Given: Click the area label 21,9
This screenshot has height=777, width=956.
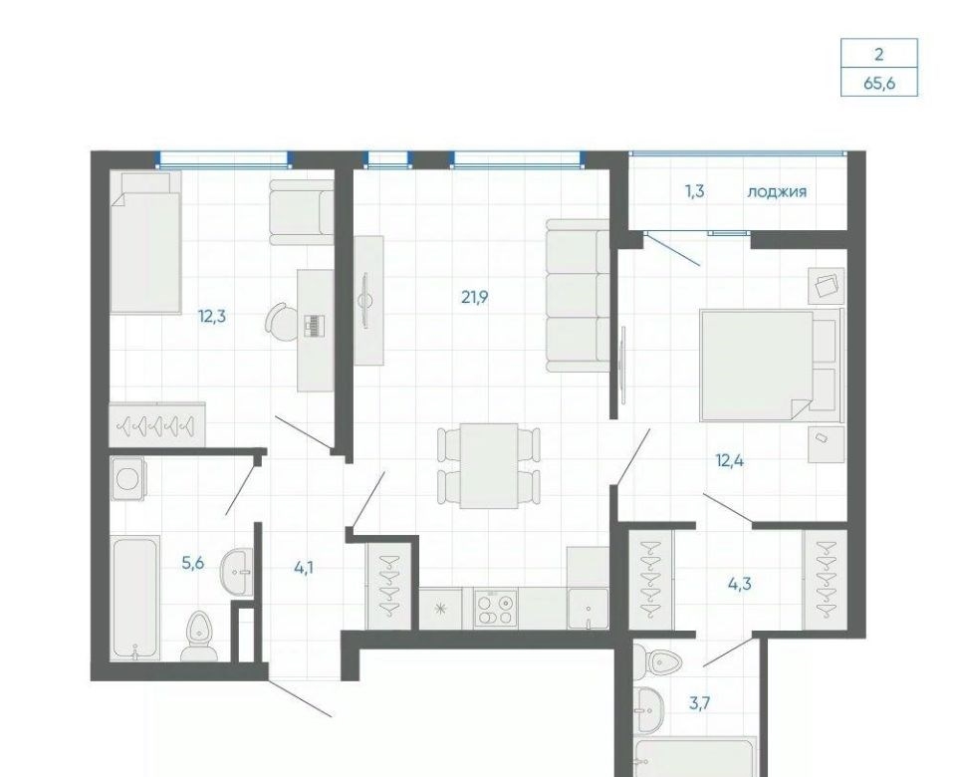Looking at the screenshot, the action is point(475,298).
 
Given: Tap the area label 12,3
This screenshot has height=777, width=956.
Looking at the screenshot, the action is point(212,317).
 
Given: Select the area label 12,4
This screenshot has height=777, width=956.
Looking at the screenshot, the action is point(729,460).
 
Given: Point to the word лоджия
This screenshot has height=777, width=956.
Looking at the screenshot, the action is point(777,192).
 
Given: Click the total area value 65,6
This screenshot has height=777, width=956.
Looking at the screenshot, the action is point(879,83).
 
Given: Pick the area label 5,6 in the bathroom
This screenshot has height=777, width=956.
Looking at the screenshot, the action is point(192,564).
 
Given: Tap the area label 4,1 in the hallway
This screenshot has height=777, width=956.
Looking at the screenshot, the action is point(304,569).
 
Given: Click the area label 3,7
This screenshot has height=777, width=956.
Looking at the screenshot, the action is point(699,704).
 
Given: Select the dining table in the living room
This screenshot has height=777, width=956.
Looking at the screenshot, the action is point(489,466).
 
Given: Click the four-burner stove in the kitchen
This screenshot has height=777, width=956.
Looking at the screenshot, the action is point(495,609).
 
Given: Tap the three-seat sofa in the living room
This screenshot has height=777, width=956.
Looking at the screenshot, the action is point(578,295).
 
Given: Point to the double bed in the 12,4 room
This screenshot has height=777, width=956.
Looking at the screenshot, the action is point(771,366).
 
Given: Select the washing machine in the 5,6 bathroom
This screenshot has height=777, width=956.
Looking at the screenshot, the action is point(128,479).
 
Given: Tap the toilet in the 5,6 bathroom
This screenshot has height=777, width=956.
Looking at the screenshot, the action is point(199,636).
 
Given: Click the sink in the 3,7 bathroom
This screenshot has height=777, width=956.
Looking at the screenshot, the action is point(648,710).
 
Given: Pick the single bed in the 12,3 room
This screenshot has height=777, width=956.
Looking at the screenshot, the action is point(145,243).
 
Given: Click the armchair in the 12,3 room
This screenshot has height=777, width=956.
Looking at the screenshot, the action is point(301,212).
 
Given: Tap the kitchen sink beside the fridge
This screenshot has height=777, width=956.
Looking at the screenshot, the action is point(588,609).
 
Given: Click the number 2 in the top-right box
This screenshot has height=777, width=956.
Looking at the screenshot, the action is point(878,54).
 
